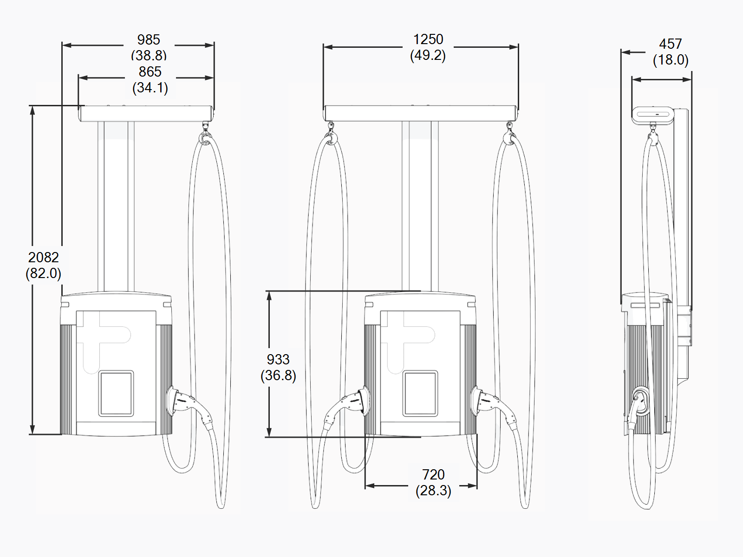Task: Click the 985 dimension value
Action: (149, 40)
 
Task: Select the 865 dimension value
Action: (150, 72)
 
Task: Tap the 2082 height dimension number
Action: (44, 257)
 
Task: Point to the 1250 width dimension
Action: (428, 39)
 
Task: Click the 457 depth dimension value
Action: (671, 44)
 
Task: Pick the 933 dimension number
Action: (278, 359)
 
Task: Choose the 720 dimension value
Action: (433, 474)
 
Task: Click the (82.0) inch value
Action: (44, 273)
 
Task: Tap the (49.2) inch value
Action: (428, 56)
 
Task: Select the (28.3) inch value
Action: (433, 491)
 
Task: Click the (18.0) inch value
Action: (671, 60)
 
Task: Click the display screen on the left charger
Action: (116, 393)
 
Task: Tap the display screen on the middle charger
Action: (420, 393)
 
